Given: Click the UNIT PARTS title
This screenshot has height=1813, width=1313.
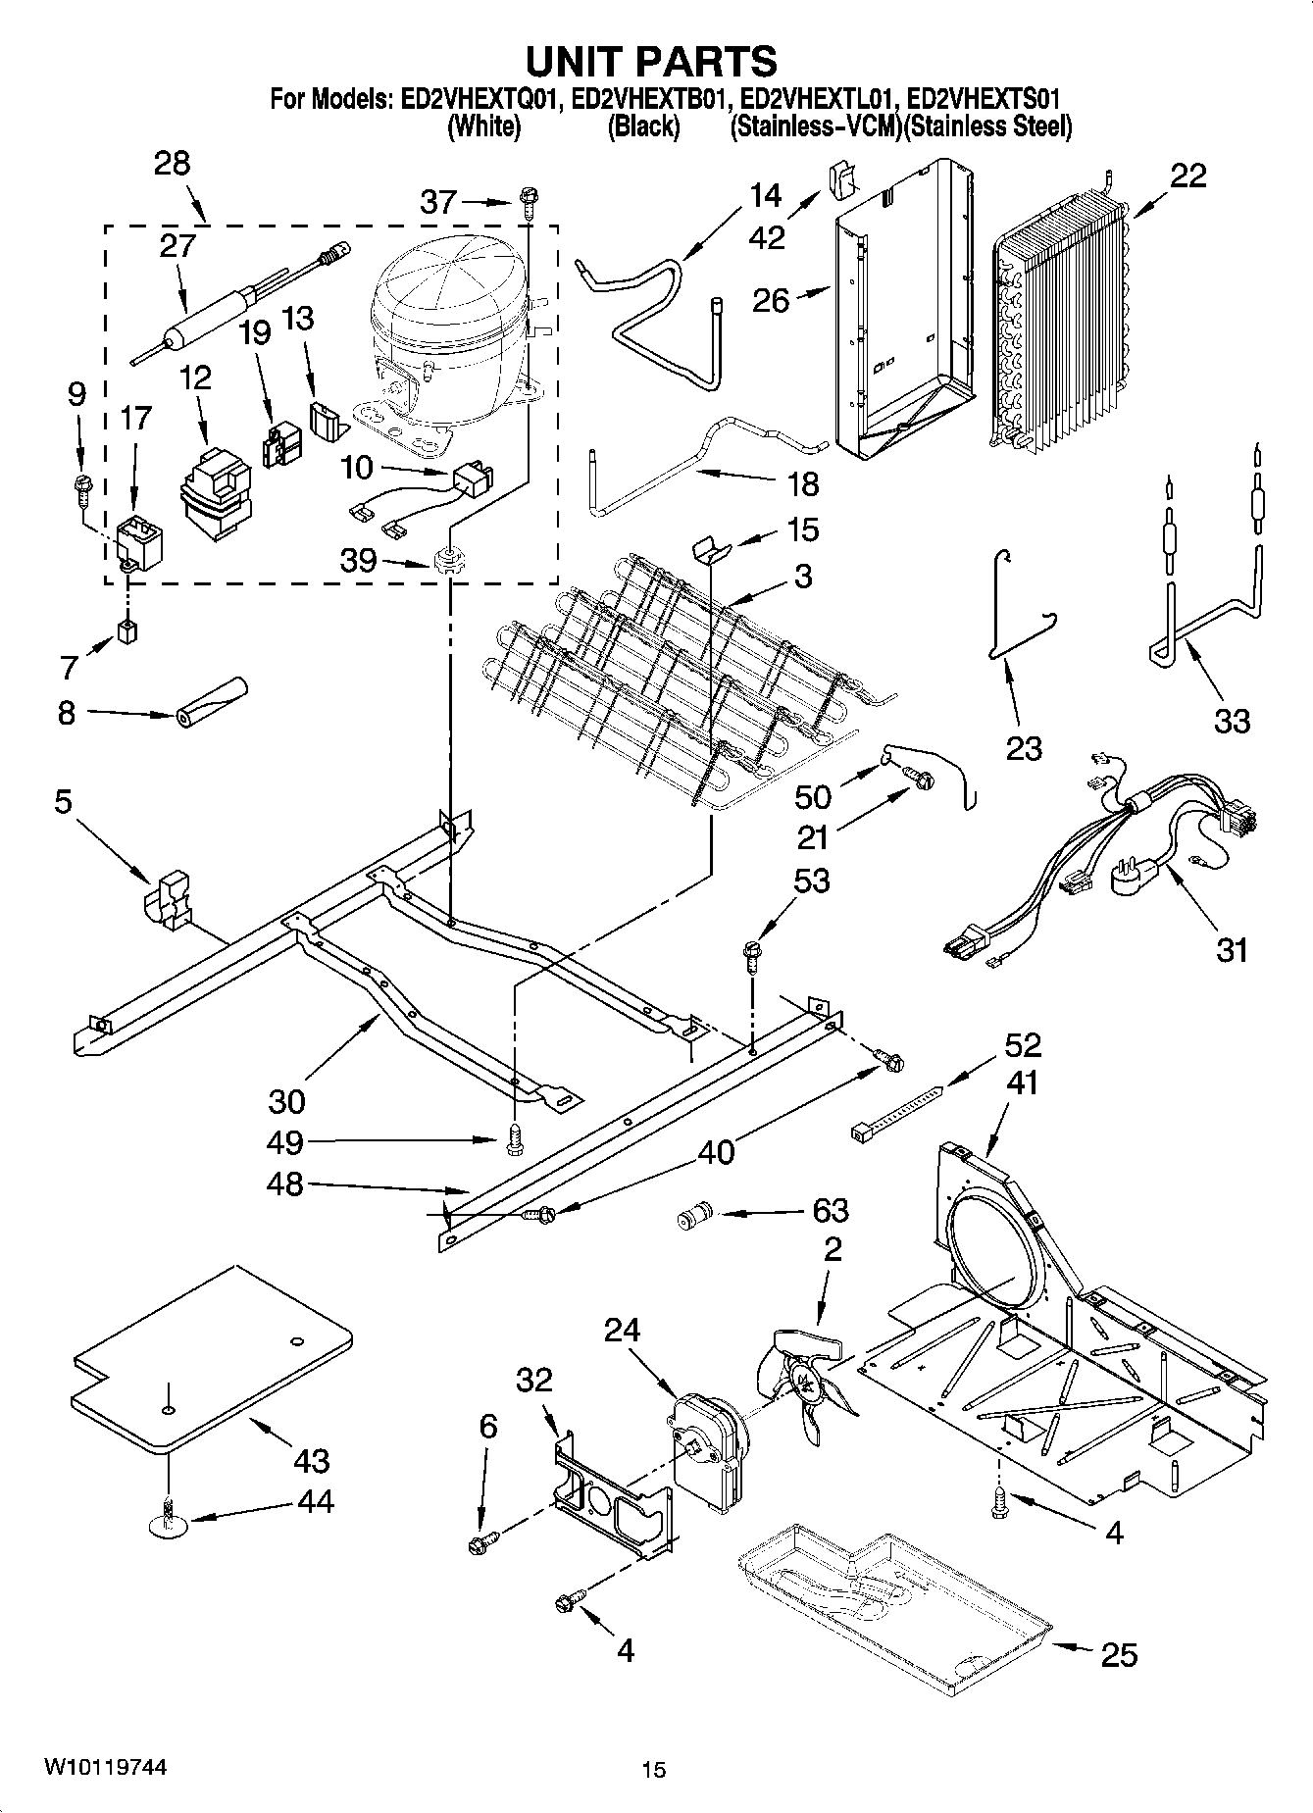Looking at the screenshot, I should [x=651, y=61].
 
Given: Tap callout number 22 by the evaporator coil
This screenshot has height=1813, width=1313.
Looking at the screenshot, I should [x=1187, y=176].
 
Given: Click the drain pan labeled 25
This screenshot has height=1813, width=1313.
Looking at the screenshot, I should [x=892, y=1584].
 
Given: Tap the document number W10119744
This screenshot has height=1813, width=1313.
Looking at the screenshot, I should [x=105, y=1768].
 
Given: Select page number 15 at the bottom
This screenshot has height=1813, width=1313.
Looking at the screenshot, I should [x=653, y=1770].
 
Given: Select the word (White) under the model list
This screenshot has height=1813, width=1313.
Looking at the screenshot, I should [x=482, y=126].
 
